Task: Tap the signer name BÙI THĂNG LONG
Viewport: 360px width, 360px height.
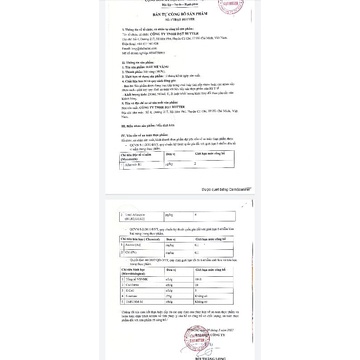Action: point(236,354)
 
